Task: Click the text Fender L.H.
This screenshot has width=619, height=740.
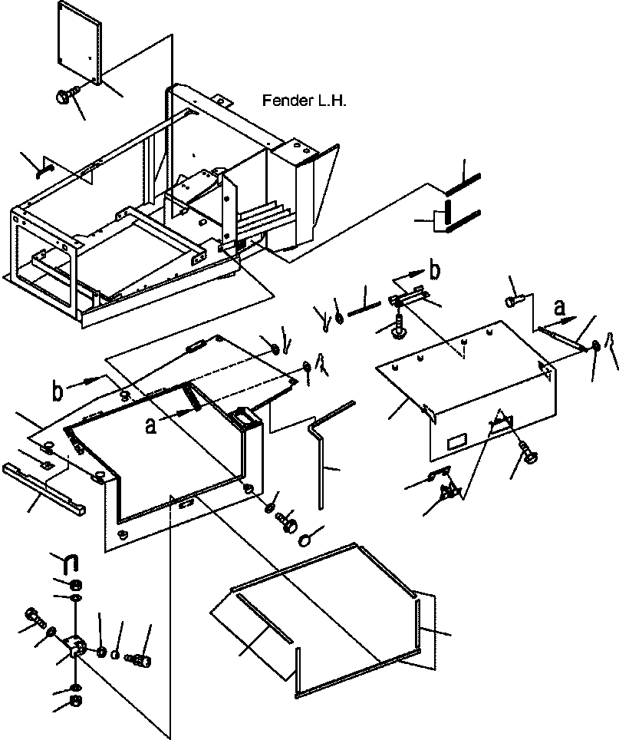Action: tap(304, 101)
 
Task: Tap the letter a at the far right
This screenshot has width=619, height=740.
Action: tap(559, 308)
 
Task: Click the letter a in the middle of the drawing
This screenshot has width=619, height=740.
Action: tap(150, 426)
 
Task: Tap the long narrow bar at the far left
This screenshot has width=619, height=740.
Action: tap(44, 488)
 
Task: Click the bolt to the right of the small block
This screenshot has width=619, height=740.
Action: tap(138, 659)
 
